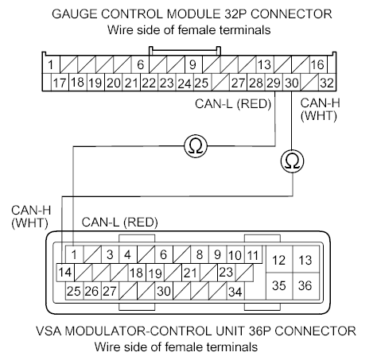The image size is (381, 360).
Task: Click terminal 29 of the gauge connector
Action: tap(273, 83)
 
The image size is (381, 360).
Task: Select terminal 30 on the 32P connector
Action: tap(292, 83)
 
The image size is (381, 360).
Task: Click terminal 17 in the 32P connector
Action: tap(59, 83)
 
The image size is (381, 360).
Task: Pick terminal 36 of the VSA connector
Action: tap(305, 285)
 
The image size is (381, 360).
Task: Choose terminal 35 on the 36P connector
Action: tap(279, 285)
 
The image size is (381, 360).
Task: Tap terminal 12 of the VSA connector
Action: tap(279, 260)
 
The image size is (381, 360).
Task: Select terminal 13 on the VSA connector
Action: tap(305, 260)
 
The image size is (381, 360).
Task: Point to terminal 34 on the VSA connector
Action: tap(235, 291)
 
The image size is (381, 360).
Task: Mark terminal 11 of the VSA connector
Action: tap(253, 254)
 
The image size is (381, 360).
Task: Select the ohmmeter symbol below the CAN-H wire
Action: tap(292, 161)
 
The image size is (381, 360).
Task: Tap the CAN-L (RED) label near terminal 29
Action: tap(233, 103)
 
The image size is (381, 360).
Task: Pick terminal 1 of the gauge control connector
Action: tap(50, 64)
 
